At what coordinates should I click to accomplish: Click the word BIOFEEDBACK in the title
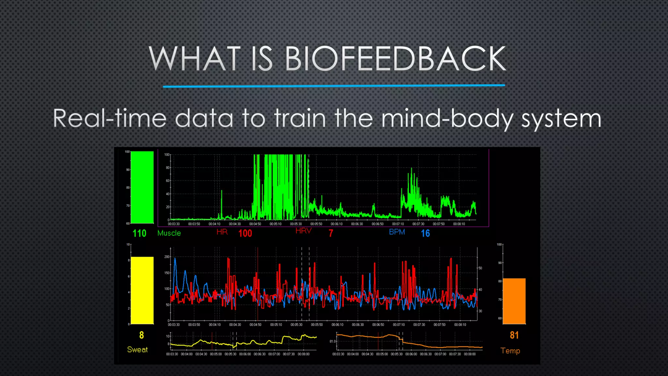(395, 59)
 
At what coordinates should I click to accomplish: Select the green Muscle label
(169, 233)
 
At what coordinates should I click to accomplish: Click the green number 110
(139, 233)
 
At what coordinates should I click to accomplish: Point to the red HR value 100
(245, 233)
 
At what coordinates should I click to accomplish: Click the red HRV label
(303, 231)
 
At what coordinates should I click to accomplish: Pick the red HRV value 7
(331, 233)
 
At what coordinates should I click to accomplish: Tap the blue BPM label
(397, 232)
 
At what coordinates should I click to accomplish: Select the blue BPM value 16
(425, 233)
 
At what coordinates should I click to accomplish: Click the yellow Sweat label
(137, 350)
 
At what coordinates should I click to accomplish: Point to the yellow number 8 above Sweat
(142, 335)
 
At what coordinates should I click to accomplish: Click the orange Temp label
(510, 351)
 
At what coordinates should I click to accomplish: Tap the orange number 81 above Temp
(514, 335)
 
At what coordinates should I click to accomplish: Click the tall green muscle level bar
(142, 187)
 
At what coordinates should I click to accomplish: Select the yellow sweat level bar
(142, 290)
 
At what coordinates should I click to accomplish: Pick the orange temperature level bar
(514, 301)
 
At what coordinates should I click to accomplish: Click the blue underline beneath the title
(334, 86)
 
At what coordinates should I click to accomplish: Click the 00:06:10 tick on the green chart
(337, 224)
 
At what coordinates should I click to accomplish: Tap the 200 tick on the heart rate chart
(167, 257)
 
